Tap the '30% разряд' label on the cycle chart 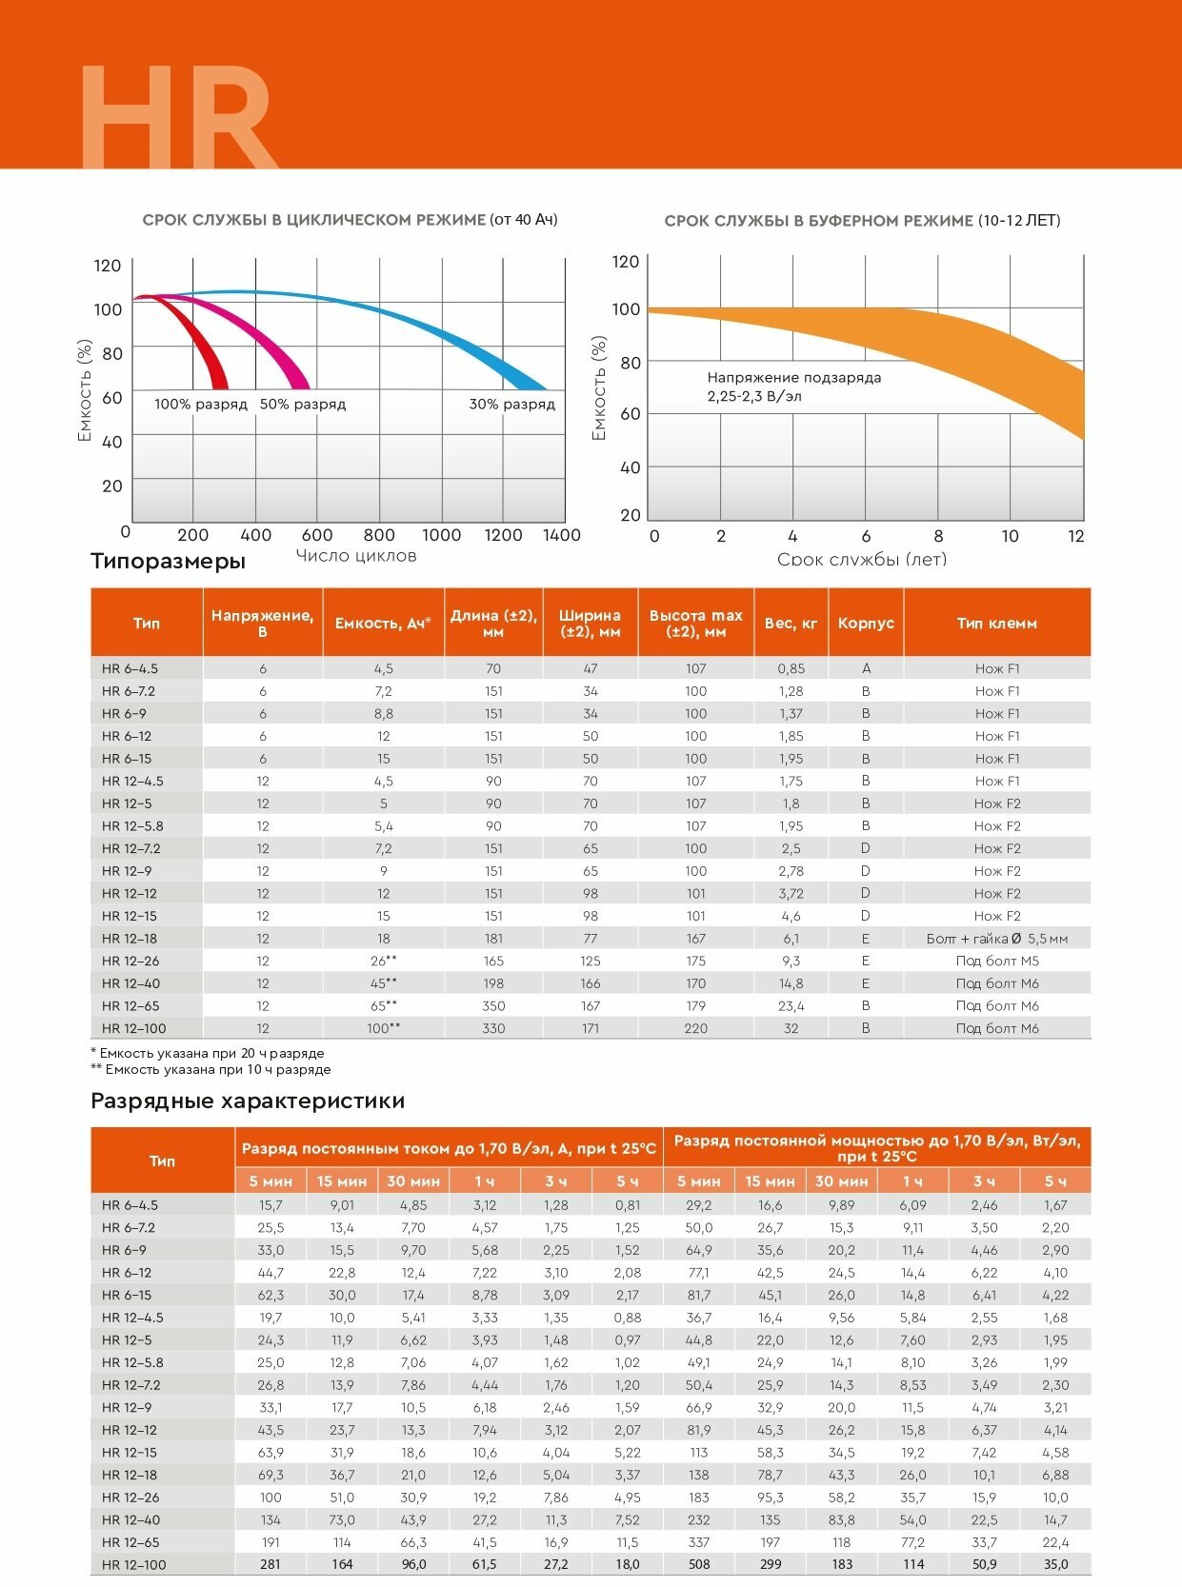point(511,404)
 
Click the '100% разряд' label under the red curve point(200,404)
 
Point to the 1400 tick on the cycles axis point(561,535)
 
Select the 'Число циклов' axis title point(356,556)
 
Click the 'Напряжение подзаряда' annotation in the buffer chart point(793,378)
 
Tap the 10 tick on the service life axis point(1010,536)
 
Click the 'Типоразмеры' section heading point(168,561)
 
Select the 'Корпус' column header point(866,623)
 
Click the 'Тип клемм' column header point(996,623)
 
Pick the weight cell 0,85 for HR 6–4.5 point(791,668)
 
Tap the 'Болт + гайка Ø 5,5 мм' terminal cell point(996,939)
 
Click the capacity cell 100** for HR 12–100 point(383,1028)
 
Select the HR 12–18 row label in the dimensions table point(130,939)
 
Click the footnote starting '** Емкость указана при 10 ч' point(210,1069)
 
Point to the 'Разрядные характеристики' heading point(247,1101)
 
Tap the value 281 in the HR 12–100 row point(270,1564)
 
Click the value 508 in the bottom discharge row point(698,1564)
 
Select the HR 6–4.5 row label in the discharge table point(130,1205)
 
